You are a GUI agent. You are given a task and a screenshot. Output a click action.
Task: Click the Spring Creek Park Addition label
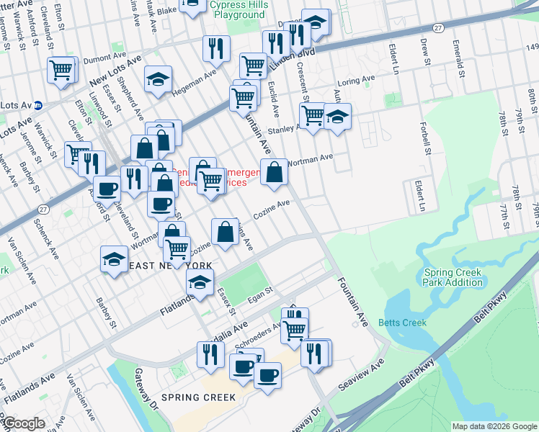tap(453, 277)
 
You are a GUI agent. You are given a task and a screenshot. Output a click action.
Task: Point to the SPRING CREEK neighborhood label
tap(198, 397)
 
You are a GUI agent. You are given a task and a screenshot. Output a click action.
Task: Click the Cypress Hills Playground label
tap(237, 9)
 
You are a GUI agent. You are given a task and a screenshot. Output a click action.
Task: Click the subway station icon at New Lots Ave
tap(38, 105)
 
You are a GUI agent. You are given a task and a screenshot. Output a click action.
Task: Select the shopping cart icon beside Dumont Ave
tap(62, 70)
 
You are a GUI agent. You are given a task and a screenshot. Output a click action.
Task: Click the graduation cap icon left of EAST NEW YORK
tap(114, 261)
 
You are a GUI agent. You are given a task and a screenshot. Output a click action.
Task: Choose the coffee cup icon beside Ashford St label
tap(107, 189)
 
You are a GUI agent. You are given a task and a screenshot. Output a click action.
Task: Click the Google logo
tap(23, 424)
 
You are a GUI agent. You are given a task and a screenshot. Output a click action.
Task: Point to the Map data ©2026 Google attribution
tap(494, 426)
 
